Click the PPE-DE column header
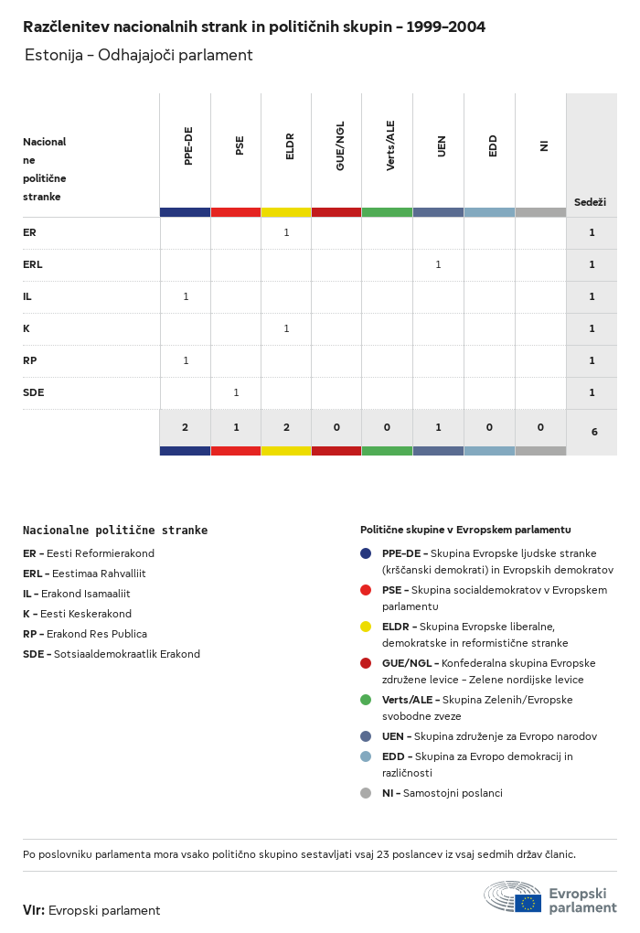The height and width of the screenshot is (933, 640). [x=188, y=145]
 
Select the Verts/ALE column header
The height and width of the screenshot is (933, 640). [x=390, y=145]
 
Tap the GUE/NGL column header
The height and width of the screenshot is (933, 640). [x=340, y=145]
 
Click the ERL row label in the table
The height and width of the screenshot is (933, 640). [x=33, y=264]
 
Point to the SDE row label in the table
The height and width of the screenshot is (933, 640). [x=33, y=392]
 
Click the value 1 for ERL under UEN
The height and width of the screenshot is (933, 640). [x=438, y=264]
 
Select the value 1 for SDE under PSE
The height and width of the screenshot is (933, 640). [x=236, y=392]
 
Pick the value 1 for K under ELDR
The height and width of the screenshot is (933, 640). [x=287, y=328]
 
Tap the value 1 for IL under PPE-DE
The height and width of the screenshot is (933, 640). [x=187, y=296]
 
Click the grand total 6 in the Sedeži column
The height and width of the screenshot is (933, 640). [x=594, y=432]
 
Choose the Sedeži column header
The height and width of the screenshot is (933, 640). [x=590, y=202]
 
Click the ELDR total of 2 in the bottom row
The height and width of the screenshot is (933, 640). [x=287, y=427]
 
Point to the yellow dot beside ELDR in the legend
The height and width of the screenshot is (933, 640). [x=366, y=627]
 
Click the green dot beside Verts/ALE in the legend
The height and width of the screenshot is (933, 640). [x=366, y=700]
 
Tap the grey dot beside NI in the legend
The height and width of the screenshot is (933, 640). [x=366, y=793]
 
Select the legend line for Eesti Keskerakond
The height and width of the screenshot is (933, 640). [x=78, y=614]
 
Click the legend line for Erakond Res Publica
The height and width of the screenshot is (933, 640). [x=85, y=634]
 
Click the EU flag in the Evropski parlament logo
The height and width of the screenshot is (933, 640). [x=528, y=903]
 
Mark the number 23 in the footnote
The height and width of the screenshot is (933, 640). [x=383, y=854]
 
